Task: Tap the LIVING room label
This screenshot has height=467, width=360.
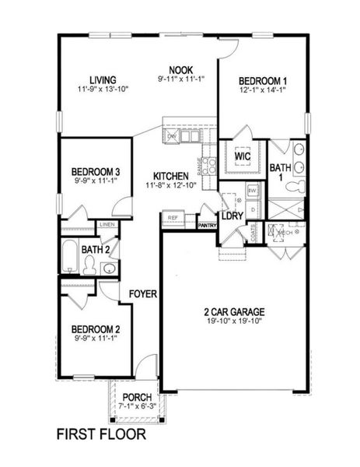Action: tap(103, 80)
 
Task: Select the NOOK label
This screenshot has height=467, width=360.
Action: tap(180, 69)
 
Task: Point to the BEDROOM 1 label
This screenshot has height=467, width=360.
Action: tap(263, 81)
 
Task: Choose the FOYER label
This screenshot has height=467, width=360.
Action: tap(145, 294)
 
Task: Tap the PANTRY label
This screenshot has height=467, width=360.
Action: tap(207, 226)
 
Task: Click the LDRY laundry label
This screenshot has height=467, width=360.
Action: tap(232, 216)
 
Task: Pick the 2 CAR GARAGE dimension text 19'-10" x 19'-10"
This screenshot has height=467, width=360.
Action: tap(235, 321)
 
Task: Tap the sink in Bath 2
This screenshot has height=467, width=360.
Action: tap(110, 269)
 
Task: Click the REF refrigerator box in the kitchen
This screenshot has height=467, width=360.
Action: tap(173, 219)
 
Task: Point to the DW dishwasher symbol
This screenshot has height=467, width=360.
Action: tap(172, 136)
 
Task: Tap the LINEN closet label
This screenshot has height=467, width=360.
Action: tap(107, 226)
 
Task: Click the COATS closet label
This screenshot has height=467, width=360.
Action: tap(253, 231)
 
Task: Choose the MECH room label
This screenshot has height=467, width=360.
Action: tap(285, 232)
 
